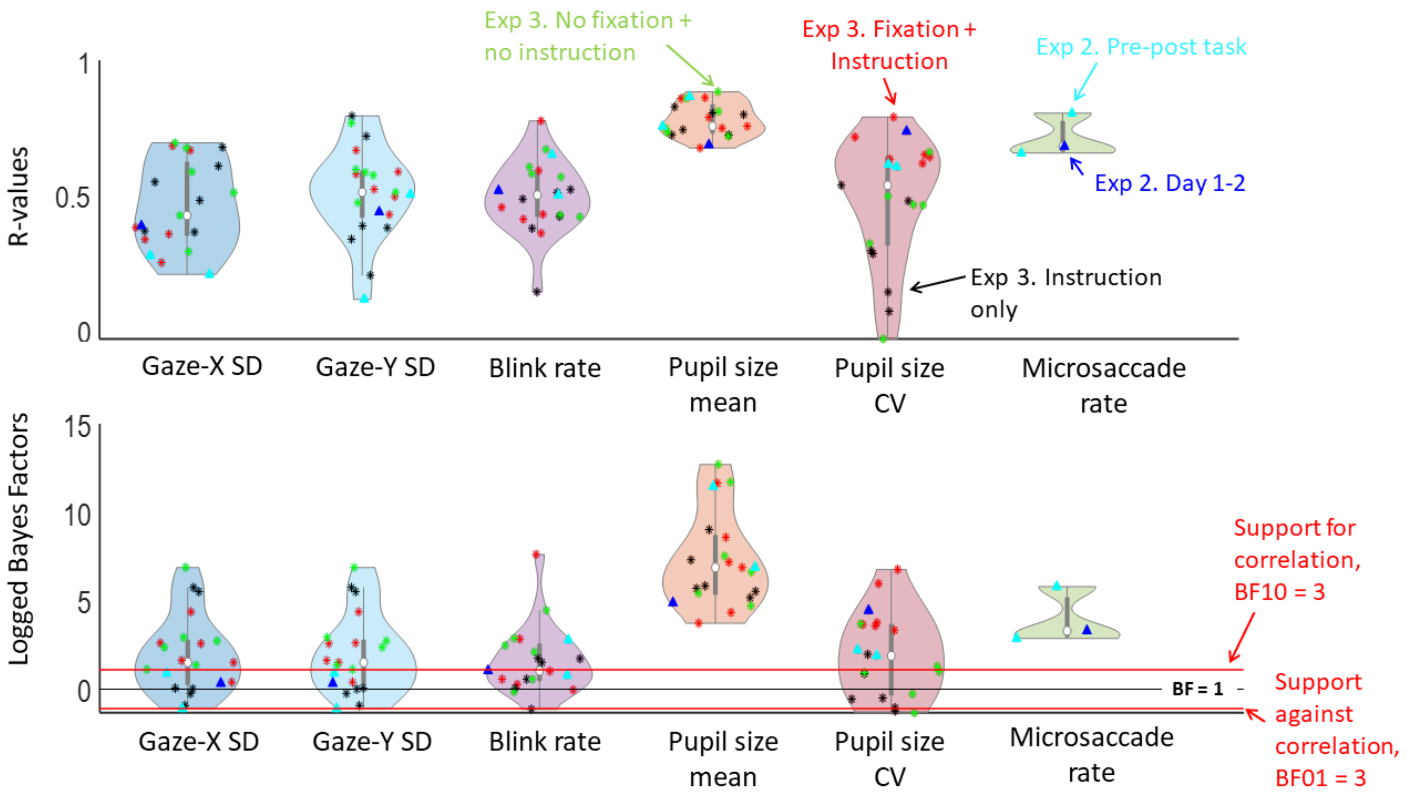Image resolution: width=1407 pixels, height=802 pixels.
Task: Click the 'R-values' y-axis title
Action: coord(19,196)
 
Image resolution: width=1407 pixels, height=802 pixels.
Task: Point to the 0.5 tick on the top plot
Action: coord(73,197)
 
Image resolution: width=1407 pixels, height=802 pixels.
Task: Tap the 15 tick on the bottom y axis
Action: coord(77,427)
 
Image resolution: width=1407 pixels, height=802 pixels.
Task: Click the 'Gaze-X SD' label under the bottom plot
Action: coord(199,741)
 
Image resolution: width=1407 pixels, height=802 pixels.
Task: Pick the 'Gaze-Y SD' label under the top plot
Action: coord(375,367)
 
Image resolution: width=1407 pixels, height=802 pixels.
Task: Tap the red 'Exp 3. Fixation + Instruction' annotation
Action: coord(889,45)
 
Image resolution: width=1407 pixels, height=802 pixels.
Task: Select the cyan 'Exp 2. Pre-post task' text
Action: coord(1140,47)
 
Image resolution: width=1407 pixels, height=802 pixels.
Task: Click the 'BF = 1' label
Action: coord(1197,688)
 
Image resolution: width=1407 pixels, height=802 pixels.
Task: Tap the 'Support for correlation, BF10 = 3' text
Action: coord(1296,560)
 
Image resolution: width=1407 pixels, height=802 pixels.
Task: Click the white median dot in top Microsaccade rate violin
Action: coord(1063,147)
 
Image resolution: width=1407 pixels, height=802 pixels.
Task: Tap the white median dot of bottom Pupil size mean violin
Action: coord(715,567)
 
